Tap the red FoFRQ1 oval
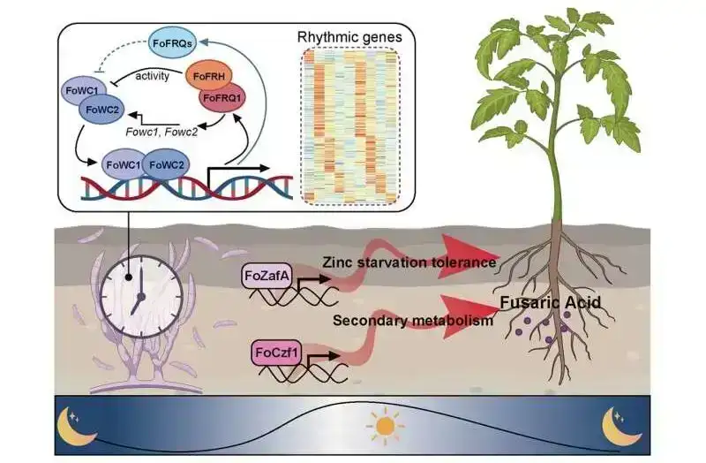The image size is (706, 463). [x=224, y=100]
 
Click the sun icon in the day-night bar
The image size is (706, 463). [x=384, y=428]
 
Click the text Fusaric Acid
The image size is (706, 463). [x=552, y=303]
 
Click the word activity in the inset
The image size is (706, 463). [x=152, y=76]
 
